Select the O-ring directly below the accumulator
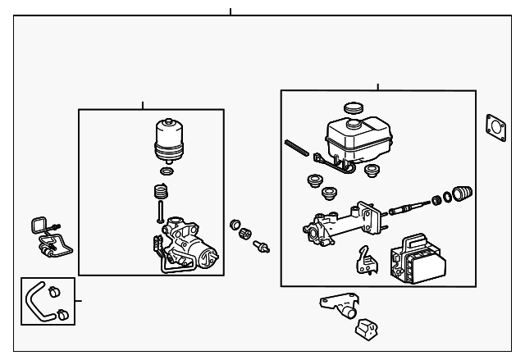[167, 172]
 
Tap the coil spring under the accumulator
[162, 195]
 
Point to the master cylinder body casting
[336, 226]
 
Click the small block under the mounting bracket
[366, 328]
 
